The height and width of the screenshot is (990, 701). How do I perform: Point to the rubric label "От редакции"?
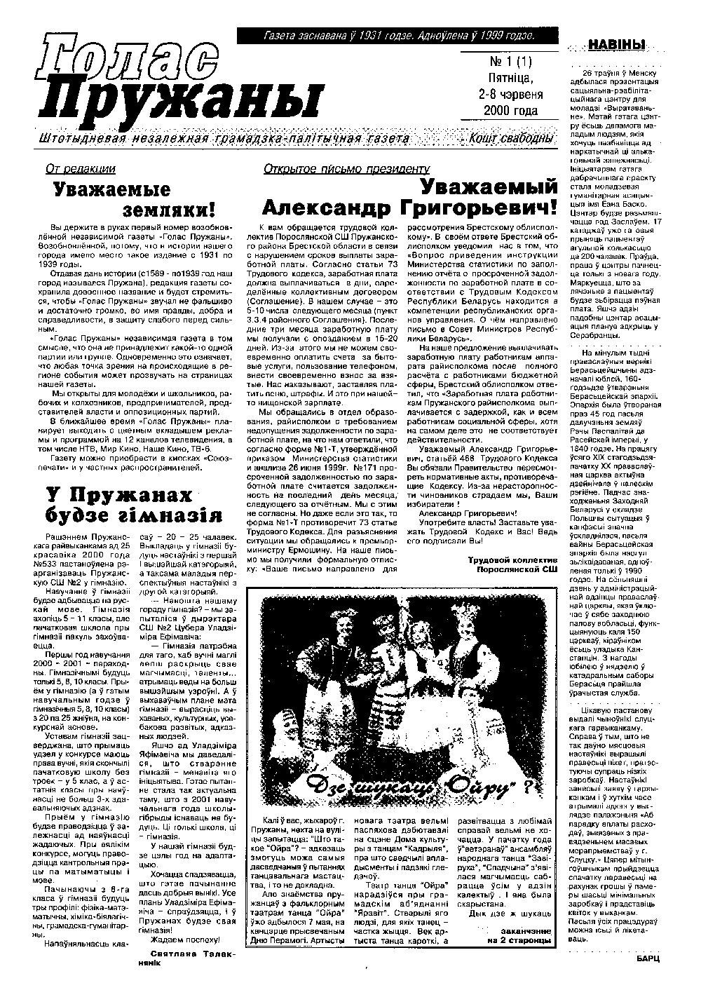(80, 169)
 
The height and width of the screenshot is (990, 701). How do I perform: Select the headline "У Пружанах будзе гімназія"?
(133, 505)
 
